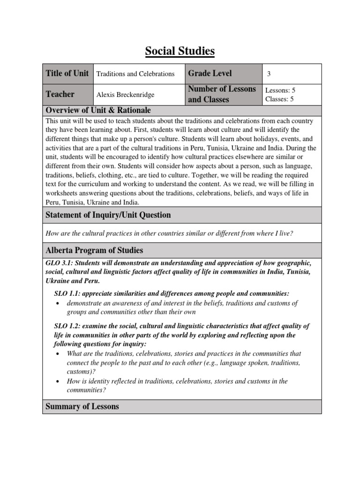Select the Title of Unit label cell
pyautogui.click(x=67, y=74)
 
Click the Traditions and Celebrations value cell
pyautogui.click(x=135, y=74)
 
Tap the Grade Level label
pyautogui.click(x=210, y=74)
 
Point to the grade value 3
pyautogui.click(x=269, y=74)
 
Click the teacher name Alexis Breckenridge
pyautogui.click(x=125, y=95)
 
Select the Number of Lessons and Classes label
pyautogui.click(x=222, y=94)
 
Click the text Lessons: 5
pyautogui.click(x=280, y=90)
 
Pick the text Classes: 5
pyautogui.click(x=279, y=99)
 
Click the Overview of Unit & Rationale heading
pyautogui.click(x=98, y=110)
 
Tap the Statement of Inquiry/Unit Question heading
pyautogui.click(x=108, y=215)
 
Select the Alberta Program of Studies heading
pyautogui.click(x=94, y=250)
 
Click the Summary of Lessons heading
pyautogui.click(x=82, y=406)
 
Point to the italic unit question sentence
pyautogui.click(x=169, y=233)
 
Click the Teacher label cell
pyautogui.click(x=60, y=94)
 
